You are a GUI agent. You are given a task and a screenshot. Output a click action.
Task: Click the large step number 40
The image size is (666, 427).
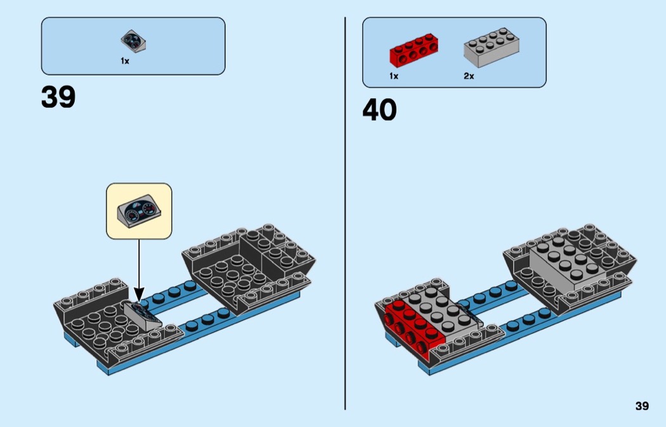(379, 110)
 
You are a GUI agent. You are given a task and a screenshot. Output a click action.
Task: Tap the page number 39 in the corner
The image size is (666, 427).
(642, 406)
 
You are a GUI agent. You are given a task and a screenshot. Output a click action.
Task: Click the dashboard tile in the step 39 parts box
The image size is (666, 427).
(134, 41)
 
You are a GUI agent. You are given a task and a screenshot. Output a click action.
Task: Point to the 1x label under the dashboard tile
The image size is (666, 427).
(125, 61)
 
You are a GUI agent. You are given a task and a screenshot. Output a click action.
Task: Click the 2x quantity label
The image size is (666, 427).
(469, 76)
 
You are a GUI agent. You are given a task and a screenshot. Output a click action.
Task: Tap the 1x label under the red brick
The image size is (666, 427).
(394, 76)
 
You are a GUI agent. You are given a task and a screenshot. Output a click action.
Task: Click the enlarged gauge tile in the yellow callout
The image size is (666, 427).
(140, 212)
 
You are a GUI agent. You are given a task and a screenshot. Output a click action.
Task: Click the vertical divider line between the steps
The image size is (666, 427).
(345, 216)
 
